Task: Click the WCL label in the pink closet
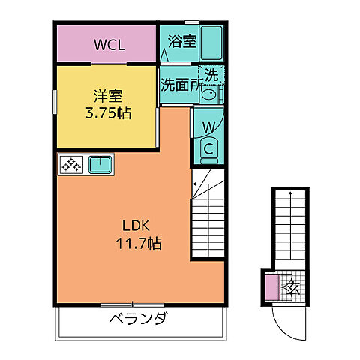click(105, 43)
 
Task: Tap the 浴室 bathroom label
click(182, 42)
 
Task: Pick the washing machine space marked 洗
click(212, 75)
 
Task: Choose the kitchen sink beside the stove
click(99, 164)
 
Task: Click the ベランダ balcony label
click(137, 317)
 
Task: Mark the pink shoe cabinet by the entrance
click(271, 286)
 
